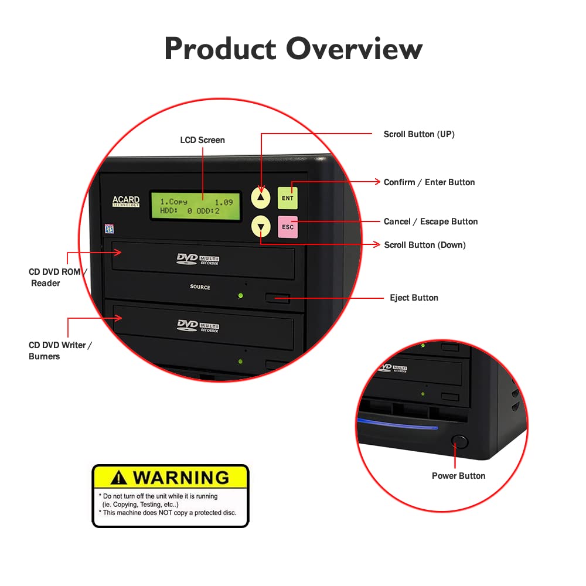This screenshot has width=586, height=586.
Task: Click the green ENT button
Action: click(288, 198)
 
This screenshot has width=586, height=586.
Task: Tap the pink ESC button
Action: click(288, 227)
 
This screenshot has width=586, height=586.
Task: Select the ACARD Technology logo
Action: click(126, 202)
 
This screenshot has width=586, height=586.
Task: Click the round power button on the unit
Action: click(460, 441)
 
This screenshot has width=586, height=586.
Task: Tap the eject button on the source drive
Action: click(278, 298)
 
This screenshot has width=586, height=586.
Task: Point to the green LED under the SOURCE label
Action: click(240, 295)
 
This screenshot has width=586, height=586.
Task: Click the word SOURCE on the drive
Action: click(200, 287)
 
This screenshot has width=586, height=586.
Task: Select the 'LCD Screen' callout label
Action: click(202, 140)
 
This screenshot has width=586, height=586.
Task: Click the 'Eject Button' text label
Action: click(414, 298)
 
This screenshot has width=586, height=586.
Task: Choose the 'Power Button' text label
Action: click(458, 476)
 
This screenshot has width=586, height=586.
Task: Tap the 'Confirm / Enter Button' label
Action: click(429, 182)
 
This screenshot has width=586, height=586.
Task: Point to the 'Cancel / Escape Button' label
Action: click(430, 222)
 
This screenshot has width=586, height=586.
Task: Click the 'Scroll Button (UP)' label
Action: click(418, 134)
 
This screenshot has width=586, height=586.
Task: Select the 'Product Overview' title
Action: click(293, 49)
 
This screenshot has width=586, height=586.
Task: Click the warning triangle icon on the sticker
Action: click(118, 478)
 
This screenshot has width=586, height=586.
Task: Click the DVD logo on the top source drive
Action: click(188, 258)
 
